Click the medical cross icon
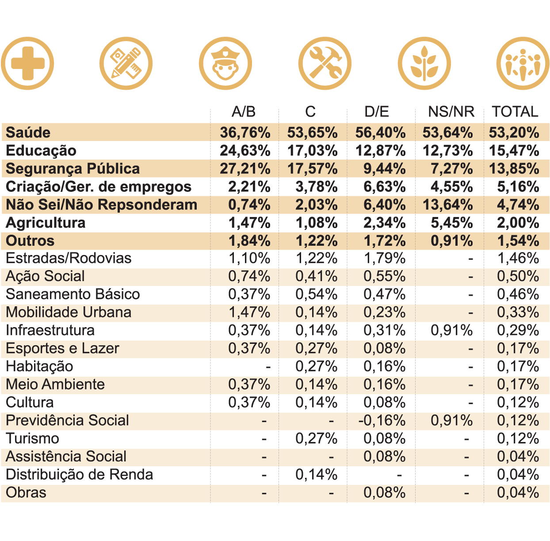(x=27, y=64)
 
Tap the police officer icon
(x=225, y=64)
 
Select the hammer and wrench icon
(x=325, y=64)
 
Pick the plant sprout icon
(x=424, y=64)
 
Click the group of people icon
(x=523, y=64)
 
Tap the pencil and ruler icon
(x=126, y=64)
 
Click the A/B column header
(x=244, y=111)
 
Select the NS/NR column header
(x=451, y=111)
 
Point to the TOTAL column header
(x=515, y=111)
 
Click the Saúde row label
(x=28, y=133)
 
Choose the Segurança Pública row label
(x=73, y=169)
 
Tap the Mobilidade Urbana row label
(x=69, y=312)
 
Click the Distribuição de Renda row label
(x=80, y=475)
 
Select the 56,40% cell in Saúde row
(x=381, y=133)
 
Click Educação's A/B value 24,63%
(x=245, y=151)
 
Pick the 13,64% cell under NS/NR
(x=448, y=205)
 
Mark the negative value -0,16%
(x=382, y=420)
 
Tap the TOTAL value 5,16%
(x=518, y=187)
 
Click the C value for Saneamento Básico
(x=317, y=294)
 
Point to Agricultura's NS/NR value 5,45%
(x=452, y=223)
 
